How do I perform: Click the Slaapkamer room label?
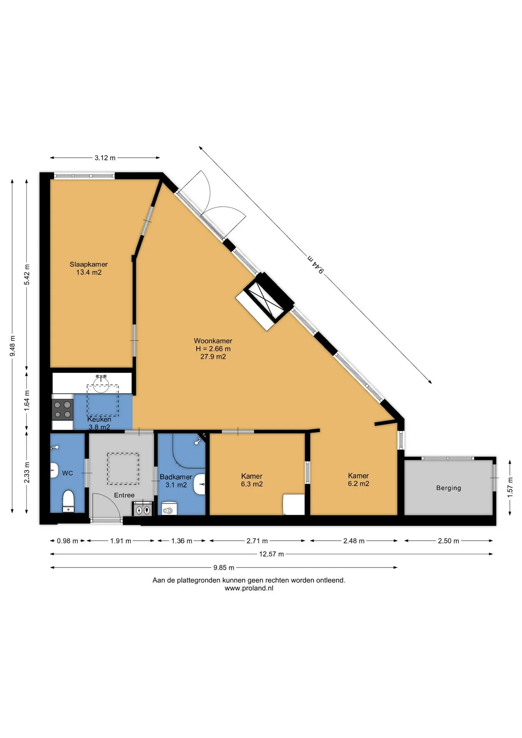pos(88,264)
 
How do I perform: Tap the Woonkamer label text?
pos(213,341)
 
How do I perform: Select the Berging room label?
pos(449,488)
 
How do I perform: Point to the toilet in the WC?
pos(68,500)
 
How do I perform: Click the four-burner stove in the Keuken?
pos(63,409)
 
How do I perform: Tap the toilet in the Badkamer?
pos(169,509)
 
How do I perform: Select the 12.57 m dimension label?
pos(271,554)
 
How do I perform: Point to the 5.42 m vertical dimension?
pos(27,274)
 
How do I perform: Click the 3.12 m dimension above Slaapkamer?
pos(105,158)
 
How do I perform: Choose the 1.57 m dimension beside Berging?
pos(510,487)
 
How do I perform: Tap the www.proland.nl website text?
pos(249,588)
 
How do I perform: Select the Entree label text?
pos(124,495)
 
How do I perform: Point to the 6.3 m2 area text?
pos(252,484)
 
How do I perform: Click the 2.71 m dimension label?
pos(257,541)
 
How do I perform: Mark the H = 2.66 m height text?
pos(213,349)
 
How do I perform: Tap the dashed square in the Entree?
pos(123,469)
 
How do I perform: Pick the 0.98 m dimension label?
pos(68,541)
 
